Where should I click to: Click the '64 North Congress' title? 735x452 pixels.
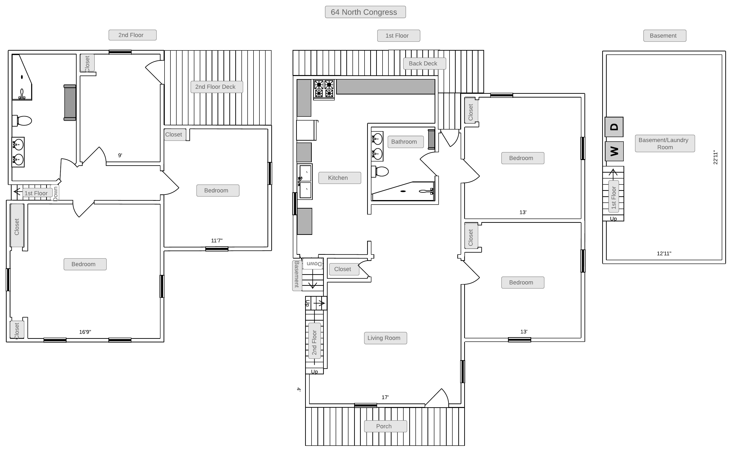point(365,12)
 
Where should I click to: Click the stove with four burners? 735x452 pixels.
point(324,89)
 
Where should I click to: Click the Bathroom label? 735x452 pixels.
point(405,142)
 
